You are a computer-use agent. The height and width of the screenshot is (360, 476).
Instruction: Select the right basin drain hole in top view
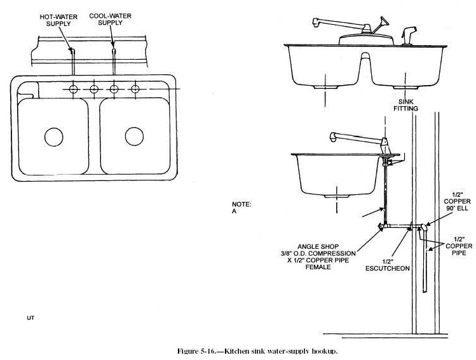(133, 135)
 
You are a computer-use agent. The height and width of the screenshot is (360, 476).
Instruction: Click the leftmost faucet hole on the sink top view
(74, 90)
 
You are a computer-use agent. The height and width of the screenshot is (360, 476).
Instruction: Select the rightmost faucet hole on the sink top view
(135, 90)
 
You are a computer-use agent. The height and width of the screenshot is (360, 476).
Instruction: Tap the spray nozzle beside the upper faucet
(409, 33)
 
